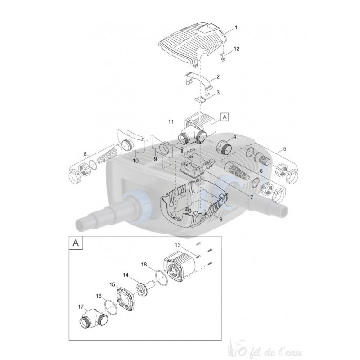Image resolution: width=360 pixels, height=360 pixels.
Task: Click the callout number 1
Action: click(x=236, y=28)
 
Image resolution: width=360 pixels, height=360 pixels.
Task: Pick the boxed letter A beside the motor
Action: click(x=225, y=116)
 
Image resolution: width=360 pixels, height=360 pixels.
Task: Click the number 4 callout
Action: click(x=234, y=137)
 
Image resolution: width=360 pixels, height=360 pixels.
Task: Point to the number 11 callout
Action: click(x=171, y=121)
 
